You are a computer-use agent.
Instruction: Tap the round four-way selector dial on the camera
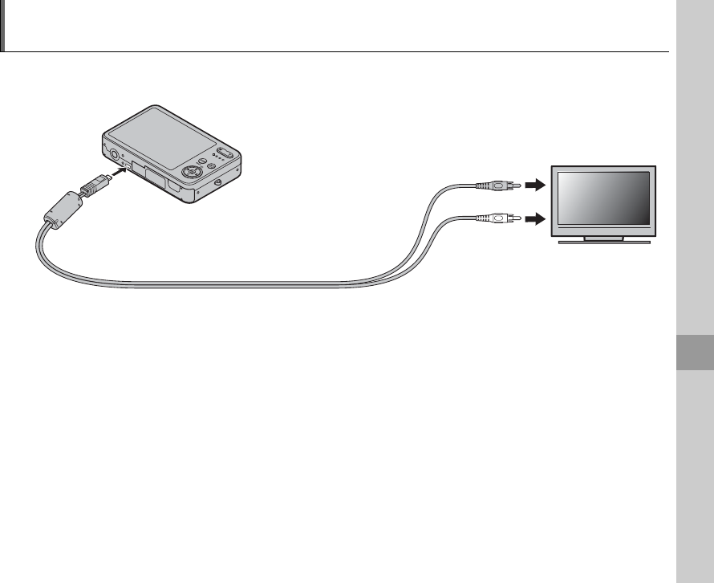point(191,171)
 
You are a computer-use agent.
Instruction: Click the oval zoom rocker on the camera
point(225,152)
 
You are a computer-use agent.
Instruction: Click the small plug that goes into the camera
point(93,185)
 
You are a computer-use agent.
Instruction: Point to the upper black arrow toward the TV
point(533,185)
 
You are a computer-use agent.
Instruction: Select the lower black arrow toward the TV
point(533,216)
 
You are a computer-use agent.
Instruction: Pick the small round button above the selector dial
point(203,159)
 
